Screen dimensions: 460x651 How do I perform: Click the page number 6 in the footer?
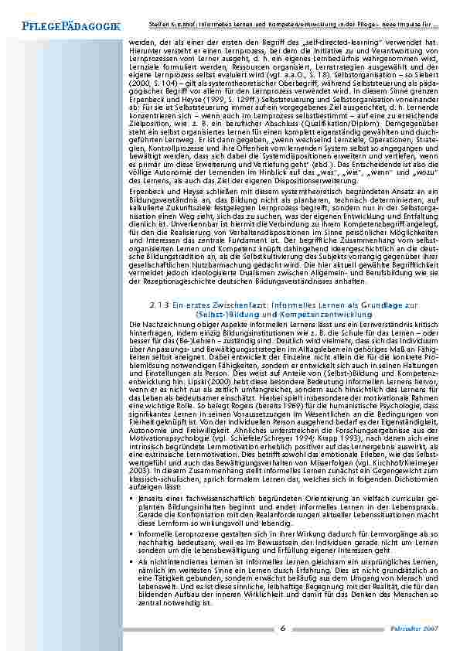pos(284,627)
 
